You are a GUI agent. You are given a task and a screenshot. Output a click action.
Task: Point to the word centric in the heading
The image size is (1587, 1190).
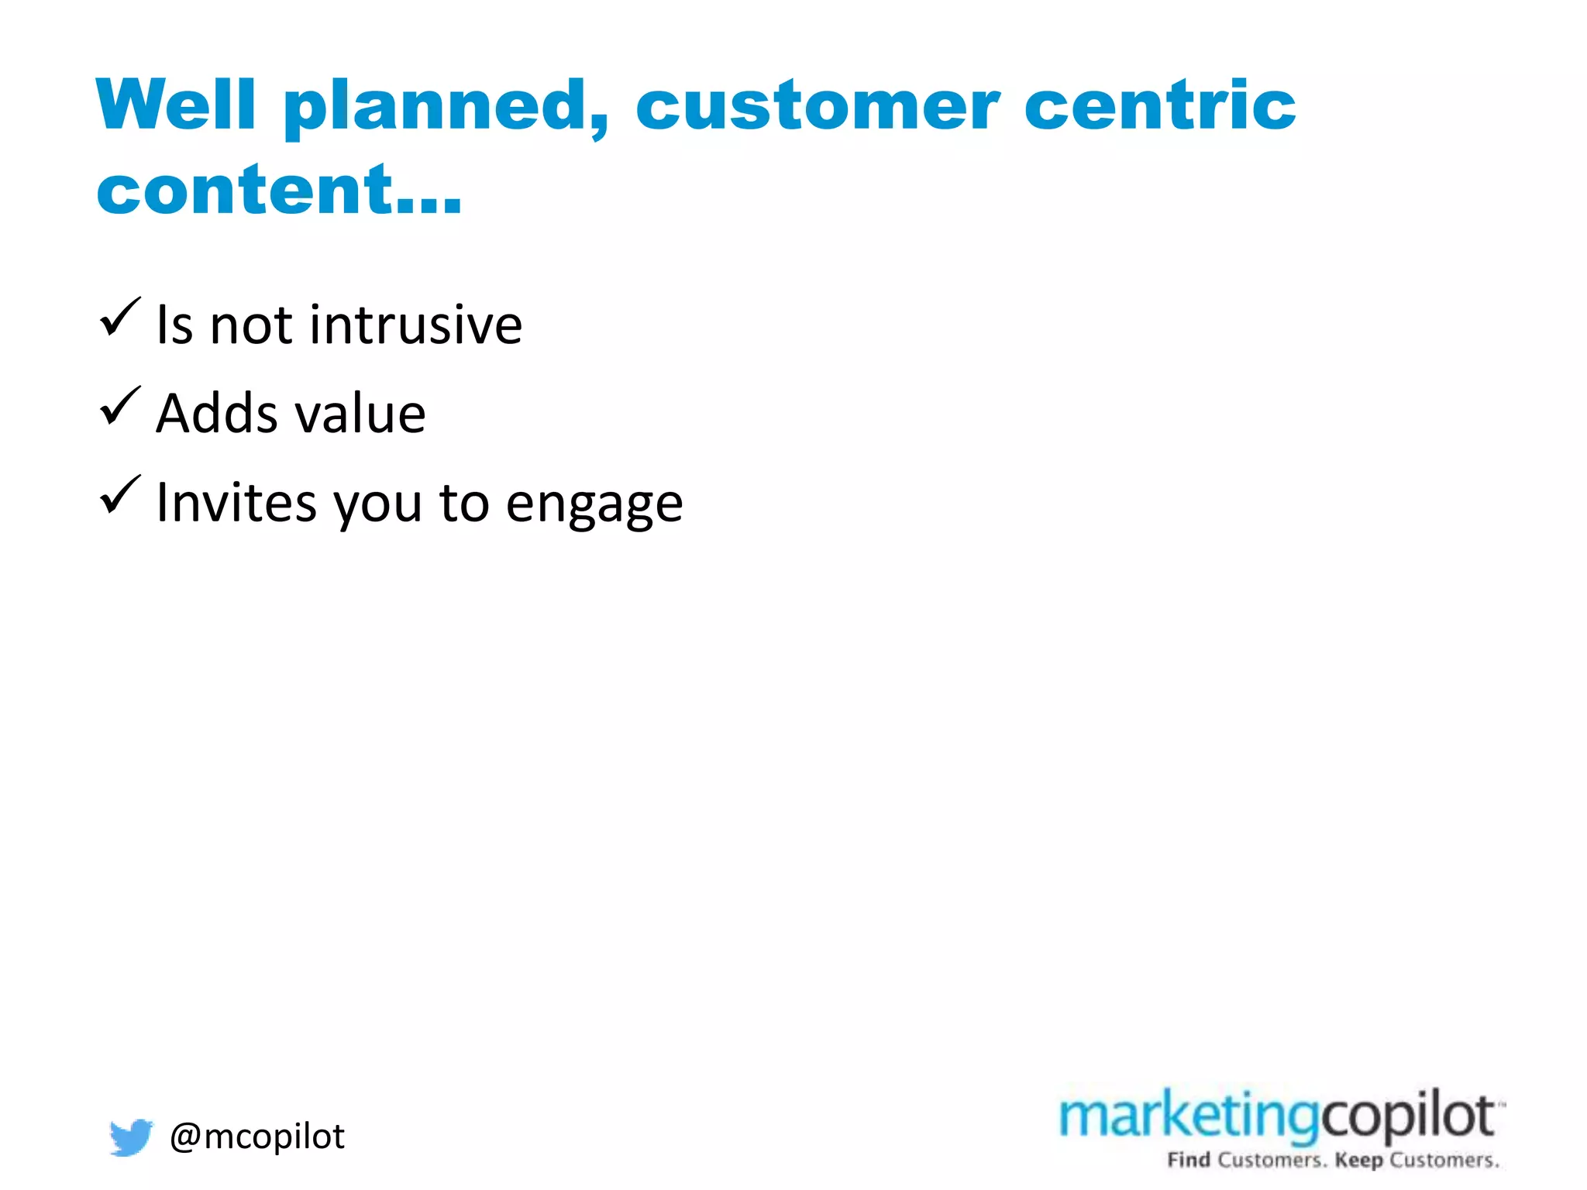[1160, 105]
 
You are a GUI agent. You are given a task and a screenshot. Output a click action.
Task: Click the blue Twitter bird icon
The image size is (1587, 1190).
[130, 1137]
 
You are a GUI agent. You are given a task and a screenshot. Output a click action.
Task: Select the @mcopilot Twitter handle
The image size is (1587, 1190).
[257, 1137]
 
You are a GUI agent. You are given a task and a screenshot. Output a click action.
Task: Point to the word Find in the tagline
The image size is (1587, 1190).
[1189, 1160]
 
